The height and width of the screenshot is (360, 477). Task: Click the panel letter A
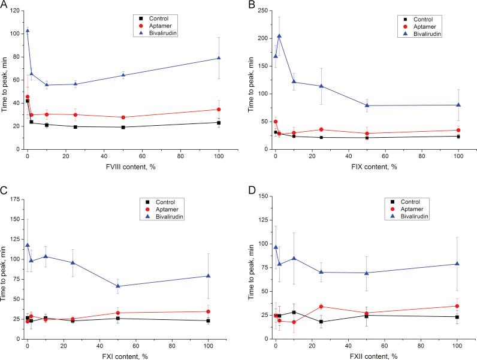(x=5, y=5)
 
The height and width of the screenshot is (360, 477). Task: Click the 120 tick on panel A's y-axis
(x=17, y=11)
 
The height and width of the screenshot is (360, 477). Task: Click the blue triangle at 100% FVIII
(x=219, y=58)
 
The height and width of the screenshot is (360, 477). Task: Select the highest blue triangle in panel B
(x=279, y=36)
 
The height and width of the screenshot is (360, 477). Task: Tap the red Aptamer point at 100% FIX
(x=458, y=130)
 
